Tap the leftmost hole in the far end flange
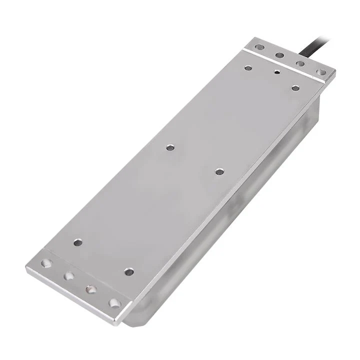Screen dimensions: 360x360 [x=259, y=47]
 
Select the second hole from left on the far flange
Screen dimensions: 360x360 [x=279, y=55]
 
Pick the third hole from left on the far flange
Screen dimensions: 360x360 [x=300, y=63]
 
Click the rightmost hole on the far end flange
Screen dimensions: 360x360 [x=321, y=72]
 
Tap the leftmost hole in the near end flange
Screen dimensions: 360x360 [x=46, y=263]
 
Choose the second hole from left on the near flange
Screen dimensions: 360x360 [x=69, y=275]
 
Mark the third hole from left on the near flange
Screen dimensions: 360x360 [x=91, y=289]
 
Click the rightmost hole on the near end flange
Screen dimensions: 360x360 [x=114, y=303]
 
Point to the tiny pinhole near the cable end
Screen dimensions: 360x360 [x=276, y=72]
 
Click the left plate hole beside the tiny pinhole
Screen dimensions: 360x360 [x=248, y=67]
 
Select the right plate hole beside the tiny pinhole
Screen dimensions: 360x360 [x=295, y=88]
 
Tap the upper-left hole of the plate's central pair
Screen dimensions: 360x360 [x=170, y=147]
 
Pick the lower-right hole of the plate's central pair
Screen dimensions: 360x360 [x=219, y=171]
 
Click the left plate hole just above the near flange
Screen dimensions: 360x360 [x=78, y=242]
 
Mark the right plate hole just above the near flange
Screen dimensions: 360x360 [x=129, y=271]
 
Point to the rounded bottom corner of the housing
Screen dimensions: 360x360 [x=131, y=322]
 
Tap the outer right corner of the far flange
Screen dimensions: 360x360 [x=334, y=71]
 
